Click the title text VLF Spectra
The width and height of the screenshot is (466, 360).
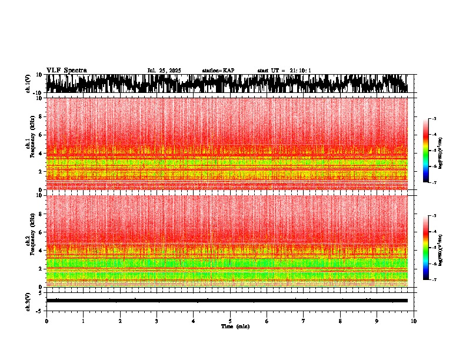pyautogui.click(x=66, y=70)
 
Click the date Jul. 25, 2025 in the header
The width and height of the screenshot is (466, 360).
pyautogui.click(x=164, y=71)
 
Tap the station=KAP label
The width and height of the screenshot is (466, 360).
pyautogui.click(x=218, y=71)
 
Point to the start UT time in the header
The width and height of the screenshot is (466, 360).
pyautogui.click(x=284, y=71)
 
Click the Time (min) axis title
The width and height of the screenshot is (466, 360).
pyautogui.click(x=235, y=326)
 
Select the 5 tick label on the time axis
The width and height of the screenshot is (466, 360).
pyautogui.click(x=230, y=321)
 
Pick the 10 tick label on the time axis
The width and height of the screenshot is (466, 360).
pyautogui.click(x=414, y=321)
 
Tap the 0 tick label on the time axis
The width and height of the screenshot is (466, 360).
pyautogui.click(x=46, y=321)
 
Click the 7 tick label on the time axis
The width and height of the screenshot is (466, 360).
pyautogui.click(x=304, y=321)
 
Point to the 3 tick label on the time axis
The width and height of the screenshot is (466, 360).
pyautogui.click(x=157, y=321)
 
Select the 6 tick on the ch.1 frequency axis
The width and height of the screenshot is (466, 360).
pyautogui.click(x=41, y=135)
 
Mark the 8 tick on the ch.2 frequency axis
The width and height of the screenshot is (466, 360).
pyautogui.click(x=41, y=214)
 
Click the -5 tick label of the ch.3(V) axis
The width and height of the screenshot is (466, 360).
pyautogui.click(x=40, y=310)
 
